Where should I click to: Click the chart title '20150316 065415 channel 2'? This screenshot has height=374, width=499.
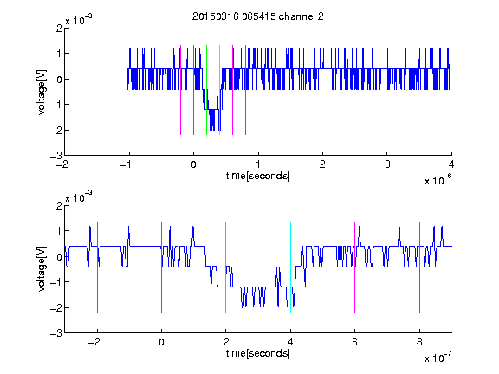click(x=258, y=16)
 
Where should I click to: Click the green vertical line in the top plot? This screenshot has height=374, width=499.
click(x=206, y=90)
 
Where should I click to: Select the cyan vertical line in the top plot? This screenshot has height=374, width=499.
click(x=219, y=90)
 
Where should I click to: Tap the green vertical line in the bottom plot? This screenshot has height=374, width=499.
click(x=225, y=268)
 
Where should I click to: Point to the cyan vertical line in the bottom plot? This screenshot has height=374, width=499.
click(x=290, y=268)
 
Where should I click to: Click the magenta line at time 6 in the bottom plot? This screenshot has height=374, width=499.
click(x=355, y=268)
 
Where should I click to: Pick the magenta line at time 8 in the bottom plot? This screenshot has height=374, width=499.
click(x=419, y=268)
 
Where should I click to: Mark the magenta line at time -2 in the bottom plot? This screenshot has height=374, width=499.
click(x=97, y=268)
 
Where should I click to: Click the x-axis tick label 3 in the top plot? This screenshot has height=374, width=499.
click(x=387, y=164)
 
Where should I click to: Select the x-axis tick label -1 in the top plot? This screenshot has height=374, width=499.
click(x=126, y=164)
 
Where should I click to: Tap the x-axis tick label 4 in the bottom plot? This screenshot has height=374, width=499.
click(x=290, y=342)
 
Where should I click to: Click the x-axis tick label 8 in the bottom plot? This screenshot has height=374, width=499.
click(x=419, y=342)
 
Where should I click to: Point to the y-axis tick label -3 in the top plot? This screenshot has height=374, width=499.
click(x=56, y=156)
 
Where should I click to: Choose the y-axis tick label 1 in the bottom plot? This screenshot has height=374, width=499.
click(x=59, y=230)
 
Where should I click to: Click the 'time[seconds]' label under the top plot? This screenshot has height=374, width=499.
click(x=258, y=176)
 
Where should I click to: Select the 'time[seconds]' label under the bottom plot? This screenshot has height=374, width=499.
click(x=258, y=353)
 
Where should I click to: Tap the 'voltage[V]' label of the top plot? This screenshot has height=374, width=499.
click(x=42, y=93)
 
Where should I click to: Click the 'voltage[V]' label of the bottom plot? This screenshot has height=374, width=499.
click(x=42, y=269)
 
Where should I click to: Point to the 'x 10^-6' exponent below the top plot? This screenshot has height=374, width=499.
click(x=437, y=180)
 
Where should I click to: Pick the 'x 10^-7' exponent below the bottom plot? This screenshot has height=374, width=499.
click(x=437, y=358)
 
